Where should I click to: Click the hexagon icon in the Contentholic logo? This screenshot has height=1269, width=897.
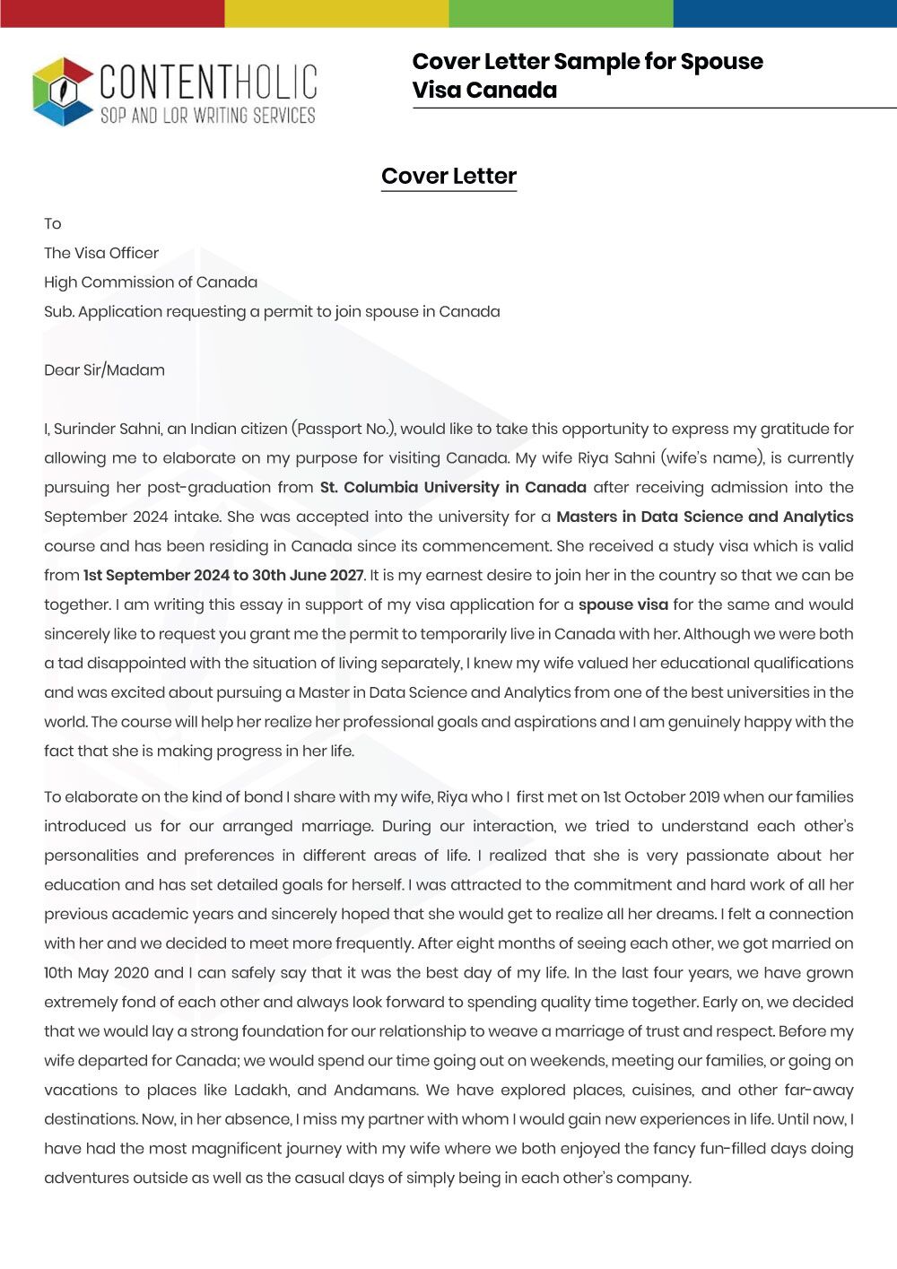point(63,91)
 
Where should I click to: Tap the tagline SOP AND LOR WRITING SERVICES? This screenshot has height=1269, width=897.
point(207,116)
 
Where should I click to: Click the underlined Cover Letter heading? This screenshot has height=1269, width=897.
point(448,177)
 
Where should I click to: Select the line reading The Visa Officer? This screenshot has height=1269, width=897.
point(101,253)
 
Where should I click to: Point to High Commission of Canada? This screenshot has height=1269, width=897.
point(151,282)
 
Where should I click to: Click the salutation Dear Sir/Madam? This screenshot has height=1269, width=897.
point(104,370)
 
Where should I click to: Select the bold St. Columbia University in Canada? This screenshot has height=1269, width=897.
point(453,487)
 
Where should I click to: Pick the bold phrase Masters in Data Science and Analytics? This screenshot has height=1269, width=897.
point(704,517)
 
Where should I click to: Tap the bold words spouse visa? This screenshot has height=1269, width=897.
point(623,604)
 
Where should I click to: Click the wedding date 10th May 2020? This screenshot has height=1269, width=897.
point(96,972)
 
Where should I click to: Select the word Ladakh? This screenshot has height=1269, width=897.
point(261,1090)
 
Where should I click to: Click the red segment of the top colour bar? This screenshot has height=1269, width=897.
point(112,13)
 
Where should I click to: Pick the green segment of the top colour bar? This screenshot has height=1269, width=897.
point(561,13)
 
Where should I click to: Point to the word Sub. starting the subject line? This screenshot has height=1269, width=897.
point(58,312)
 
